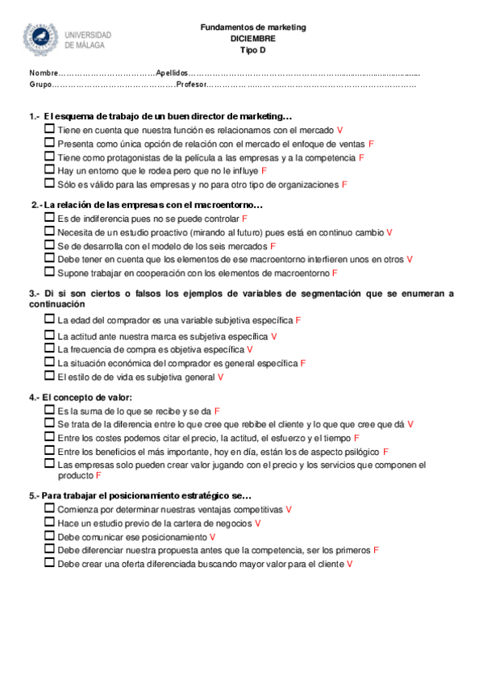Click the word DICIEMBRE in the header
[252, 38]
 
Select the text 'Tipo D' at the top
[252, 49]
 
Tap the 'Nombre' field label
[44, 73]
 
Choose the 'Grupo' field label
[40, 84]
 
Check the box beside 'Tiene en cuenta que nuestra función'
[50, 129]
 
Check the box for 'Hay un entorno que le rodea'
[50, 170]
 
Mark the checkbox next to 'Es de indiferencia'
[50, 218]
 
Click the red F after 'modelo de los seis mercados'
[273, 246]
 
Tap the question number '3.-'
[35, 294]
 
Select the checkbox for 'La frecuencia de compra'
[50, 348]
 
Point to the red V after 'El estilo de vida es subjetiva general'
[220, 377]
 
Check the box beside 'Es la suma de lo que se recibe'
[50, 410]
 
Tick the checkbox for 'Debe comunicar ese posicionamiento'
[50, 536]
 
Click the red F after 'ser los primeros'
[377, 550]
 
